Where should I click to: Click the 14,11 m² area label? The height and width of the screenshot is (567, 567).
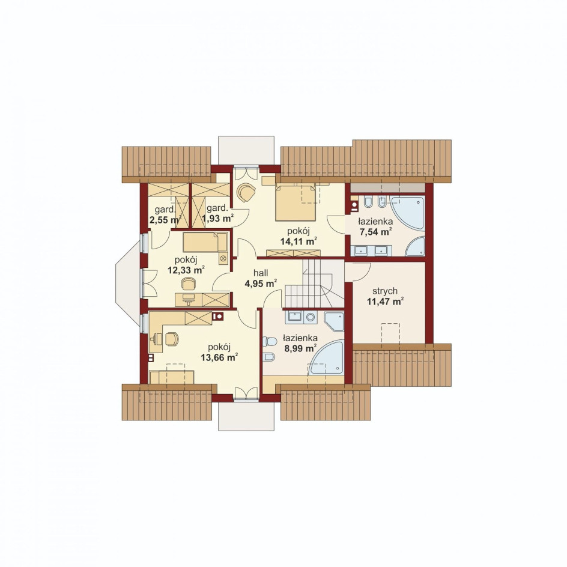[299, 241]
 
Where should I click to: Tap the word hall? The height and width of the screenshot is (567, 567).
[261, 273]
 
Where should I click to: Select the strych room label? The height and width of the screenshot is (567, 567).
[385, 291]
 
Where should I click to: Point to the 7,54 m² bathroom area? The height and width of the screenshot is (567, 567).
[376, 231]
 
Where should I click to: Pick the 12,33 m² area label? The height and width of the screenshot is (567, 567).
[186, 270]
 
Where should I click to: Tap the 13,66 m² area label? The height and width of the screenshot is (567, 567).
[219, 357]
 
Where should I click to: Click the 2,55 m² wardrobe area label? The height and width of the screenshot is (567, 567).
[165, 219]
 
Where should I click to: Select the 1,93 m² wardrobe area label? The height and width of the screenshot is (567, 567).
[217, 218]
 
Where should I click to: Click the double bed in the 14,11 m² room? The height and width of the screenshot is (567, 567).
[295, 202]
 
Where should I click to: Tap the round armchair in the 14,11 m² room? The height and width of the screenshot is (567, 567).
[246, 192]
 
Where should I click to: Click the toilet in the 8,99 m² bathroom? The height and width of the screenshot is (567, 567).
[270, 341]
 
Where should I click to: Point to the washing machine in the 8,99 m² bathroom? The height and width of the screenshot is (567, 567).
[310, 317]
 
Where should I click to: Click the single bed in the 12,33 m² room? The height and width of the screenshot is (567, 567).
[205, 242]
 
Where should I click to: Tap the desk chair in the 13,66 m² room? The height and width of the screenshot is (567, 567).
[172, 339]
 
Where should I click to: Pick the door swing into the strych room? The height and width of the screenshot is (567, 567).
[361, 273]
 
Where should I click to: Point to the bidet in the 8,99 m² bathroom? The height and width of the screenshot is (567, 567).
[270, 357]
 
